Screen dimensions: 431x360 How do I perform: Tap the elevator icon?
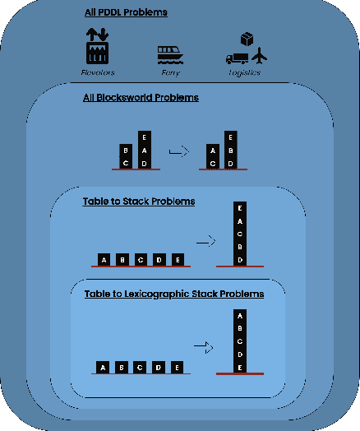point(98,46)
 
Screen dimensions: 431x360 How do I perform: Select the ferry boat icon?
point(170,54)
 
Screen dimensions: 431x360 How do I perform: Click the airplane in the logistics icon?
point(261,56)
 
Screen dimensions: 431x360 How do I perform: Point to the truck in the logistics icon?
point(237,58)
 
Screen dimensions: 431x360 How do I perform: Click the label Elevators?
point(98,72)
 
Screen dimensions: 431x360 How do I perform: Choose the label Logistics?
point(244,72)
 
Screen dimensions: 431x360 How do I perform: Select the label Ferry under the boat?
point(169,72)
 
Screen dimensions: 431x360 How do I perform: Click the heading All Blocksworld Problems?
point(141,98)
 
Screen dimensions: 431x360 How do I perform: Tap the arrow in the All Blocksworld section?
point(177,151)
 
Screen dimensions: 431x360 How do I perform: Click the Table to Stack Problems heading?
point(138,201)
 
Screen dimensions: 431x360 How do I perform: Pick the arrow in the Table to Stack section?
point(205,242)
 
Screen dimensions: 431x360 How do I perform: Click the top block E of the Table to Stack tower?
point(239,209)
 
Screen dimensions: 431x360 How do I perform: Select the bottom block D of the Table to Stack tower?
point(239,259)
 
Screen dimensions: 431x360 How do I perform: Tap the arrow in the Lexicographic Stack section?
point(201,346)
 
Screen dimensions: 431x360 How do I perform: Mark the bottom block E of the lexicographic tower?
point(239,366)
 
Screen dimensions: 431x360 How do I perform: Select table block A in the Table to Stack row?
point(104,260)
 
